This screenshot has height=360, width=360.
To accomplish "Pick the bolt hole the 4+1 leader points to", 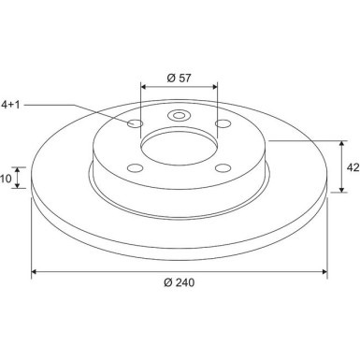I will coord(134,124).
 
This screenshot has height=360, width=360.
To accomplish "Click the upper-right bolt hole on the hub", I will coord(223,123).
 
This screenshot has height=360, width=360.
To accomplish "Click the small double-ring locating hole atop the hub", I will coord(178,117).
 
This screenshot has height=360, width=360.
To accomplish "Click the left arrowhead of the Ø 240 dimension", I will coord(36,272).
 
